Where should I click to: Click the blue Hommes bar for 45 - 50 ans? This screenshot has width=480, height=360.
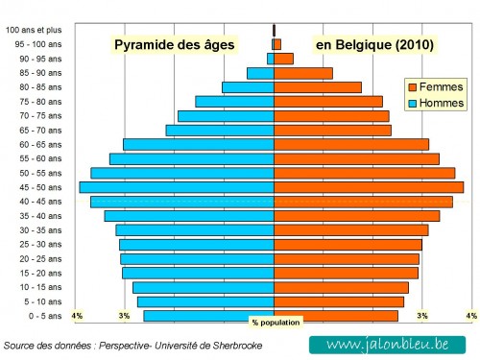177,187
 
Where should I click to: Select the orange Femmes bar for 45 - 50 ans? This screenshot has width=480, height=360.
369,187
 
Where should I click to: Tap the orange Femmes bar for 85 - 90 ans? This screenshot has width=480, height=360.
303,73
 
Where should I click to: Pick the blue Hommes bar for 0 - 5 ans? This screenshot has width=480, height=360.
209,316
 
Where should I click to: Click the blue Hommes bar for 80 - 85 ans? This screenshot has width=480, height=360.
248,87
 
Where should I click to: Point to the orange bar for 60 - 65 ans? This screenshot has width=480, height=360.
351,144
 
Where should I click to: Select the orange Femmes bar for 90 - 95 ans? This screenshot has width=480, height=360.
283,59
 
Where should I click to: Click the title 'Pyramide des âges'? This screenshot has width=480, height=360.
174,44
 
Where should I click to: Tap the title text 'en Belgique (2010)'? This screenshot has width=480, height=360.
374,44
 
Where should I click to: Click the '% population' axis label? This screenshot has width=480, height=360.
276,323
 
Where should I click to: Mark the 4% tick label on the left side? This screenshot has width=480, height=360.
77,316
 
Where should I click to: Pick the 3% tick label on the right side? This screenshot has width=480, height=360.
421,316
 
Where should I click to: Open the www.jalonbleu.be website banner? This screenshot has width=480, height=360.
389,344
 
